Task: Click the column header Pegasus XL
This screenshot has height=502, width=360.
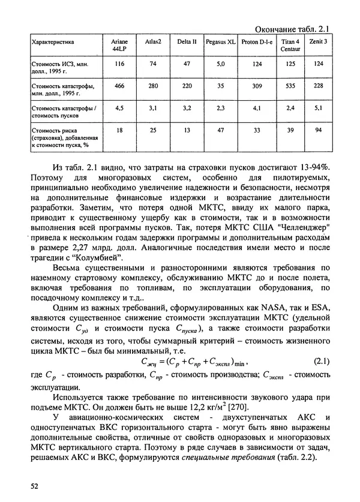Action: tap(220, 43)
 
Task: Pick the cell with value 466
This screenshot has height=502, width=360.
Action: tap(119, 86)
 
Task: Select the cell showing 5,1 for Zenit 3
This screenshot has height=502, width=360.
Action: tap(319, 109)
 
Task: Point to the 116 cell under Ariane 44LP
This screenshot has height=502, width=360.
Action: tap(119, 64)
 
